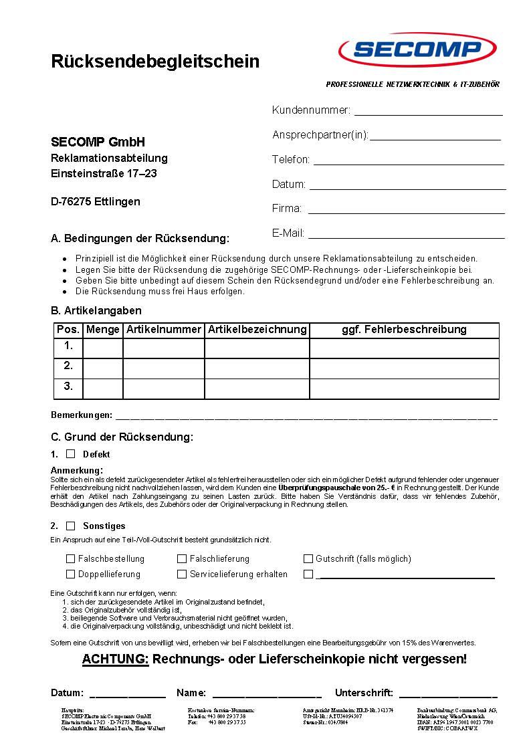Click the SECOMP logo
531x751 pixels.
point(418,49)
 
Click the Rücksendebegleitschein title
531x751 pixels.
point(155,62)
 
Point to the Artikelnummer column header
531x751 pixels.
point(164,330)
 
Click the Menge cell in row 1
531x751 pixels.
point(103,348)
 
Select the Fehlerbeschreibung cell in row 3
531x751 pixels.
point(404,389)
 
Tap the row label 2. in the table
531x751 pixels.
point(68,366)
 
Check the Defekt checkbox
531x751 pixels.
point(71,454)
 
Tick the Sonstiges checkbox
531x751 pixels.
point(71,526)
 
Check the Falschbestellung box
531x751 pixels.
point(71,558)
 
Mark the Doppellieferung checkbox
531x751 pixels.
point(71,574)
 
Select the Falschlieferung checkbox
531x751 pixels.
point(182,558)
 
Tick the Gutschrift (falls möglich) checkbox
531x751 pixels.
point(308,558)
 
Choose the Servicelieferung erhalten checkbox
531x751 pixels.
point(182,574)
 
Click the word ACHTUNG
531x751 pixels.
point(115,659)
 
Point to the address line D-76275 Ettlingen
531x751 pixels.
point(96,201)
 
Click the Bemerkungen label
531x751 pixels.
point(82,415)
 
